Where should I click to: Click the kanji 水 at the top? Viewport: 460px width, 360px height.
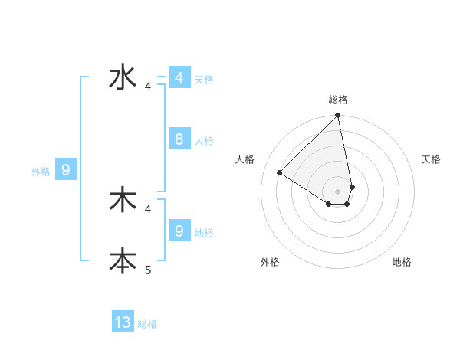point(123,78)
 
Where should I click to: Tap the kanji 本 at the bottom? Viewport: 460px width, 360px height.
point(123,260)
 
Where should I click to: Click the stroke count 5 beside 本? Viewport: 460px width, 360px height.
point(148,270)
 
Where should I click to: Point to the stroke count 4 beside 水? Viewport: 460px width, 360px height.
point(148,87)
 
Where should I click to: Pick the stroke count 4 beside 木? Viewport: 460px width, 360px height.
point(148,208)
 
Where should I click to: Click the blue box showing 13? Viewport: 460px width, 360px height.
point(123,322)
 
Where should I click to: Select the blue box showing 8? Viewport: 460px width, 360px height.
point(179,139)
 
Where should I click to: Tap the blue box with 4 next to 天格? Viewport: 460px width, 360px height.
point(179,78)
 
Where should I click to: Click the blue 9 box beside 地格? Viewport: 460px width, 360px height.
point(179,231)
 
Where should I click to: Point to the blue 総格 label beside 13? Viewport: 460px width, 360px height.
point(147,324)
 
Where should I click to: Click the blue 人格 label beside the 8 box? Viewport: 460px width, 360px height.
point(204,141)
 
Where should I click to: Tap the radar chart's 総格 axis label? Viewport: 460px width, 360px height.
point(338,100)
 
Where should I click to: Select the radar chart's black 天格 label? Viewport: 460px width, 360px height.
point(431,159)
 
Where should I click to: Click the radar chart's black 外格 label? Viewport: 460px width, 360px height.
point(270,262)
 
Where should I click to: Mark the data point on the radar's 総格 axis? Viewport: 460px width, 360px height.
point(338,116)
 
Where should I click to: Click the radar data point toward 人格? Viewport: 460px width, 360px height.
point(280,172)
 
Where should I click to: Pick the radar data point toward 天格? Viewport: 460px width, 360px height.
point(352,187)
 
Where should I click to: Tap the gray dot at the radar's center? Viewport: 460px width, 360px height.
point(338,191)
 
